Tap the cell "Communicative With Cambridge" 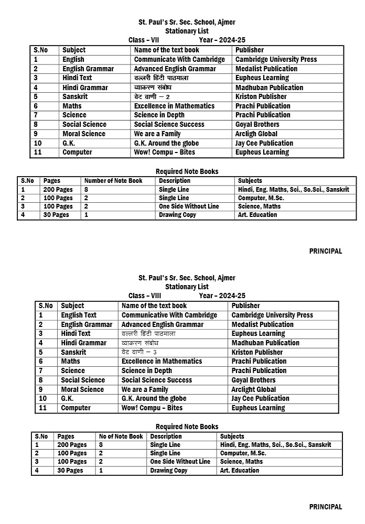[x=169, y=315]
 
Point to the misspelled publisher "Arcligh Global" [x=256, y=134]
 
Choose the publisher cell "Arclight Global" [x=254, y=389]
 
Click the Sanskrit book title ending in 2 [x=152, y=97]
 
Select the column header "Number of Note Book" [x=113, y=181]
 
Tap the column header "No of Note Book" [x=121, y=436]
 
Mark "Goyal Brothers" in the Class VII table [x=257, y=124]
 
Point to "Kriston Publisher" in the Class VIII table [x=257, y=352]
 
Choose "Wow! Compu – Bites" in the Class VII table [x=164, y=152]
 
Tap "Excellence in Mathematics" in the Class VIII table [x=162, y=361]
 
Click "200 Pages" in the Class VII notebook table [x=58, y=190]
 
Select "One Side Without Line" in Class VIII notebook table [x=180, y=462]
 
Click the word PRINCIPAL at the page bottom [x=325, y=507]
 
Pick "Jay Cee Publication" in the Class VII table [x=264, y=143]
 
